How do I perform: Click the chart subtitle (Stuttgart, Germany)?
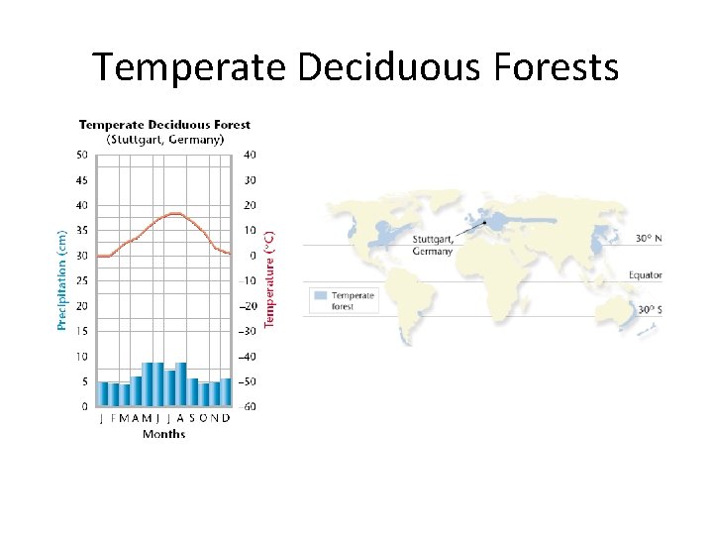[x=164, y=139]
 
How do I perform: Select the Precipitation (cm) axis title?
[x=61, y=274]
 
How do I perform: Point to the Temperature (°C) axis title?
[x=269, y=274]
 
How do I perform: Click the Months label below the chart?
[x=163, y=434]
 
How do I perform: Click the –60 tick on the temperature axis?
[x=250, y=406]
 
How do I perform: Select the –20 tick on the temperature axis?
[x=250, y=306]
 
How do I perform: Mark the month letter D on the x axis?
[x=226, y=419]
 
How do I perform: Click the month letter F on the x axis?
[x=115, y=419]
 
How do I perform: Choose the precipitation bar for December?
[x=226, y=392]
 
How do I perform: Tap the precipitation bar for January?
[x=102, y=394]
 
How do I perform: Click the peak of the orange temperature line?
[x=174, y=213]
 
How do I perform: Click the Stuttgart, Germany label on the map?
[x=433, y=245]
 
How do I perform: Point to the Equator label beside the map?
[x=645, y=275]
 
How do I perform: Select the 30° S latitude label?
[x=650, y=310]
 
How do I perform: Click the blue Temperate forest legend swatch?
[x=319, y=295]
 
